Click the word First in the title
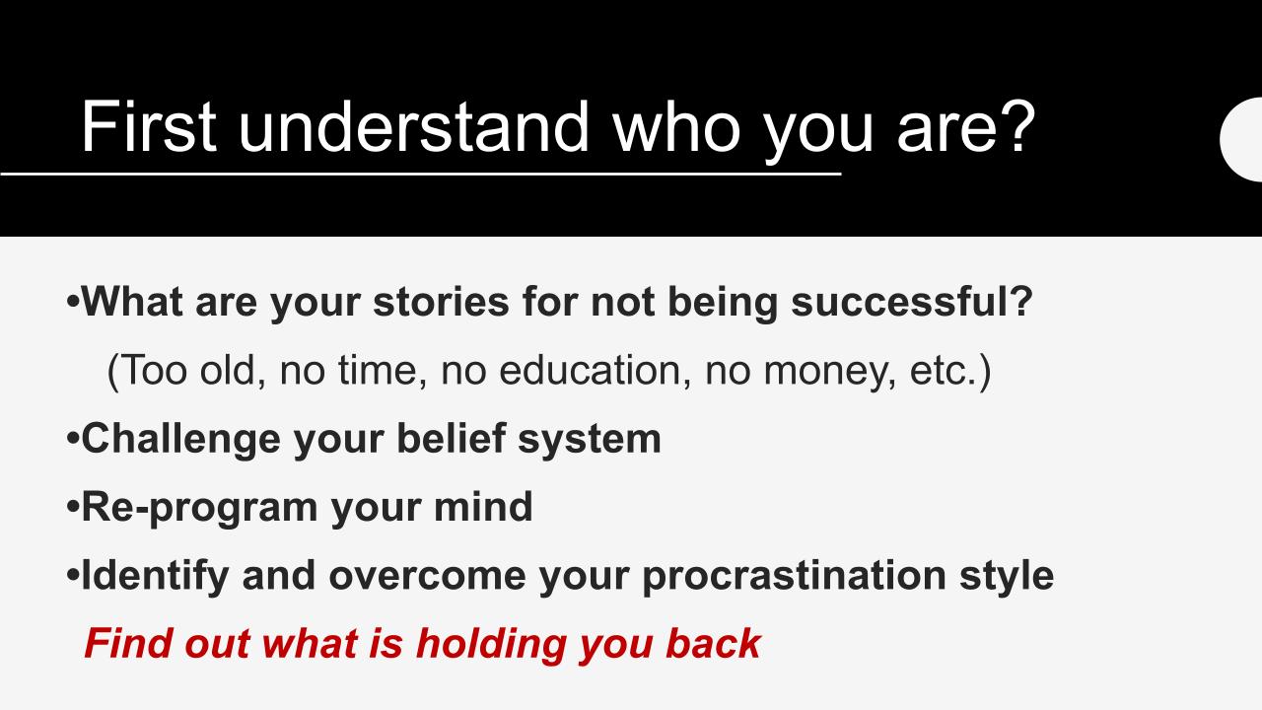pyautogui.click(x=149, y=126)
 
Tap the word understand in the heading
pyautogui.click(x=413, y=126)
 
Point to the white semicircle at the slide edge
pyautogui.click(x=1241, y=140)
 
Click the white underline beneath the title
pyautogui.click(x=420, y=174)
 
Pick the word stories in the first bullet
pyautogui.click(x=441, y=302)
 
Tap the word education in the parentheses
pyautogui.click(x=590, y=370)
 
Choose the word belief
pyautogui.click(x=452, y=438)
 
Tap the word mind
pyautogui.click(x=483, y=506)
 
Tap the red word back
pyautogui.click(x=713, y=643)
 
